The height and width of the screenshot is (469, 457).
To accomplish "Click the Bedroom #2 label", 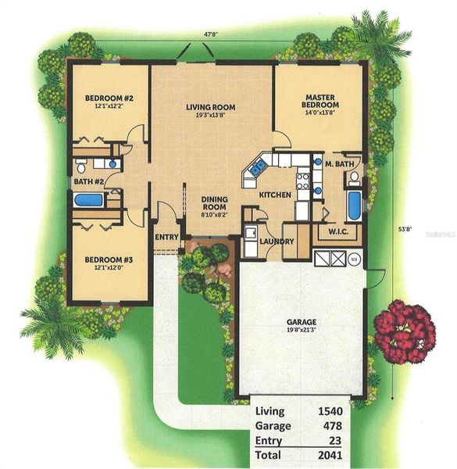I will pyautogui.click(x=110, y=98).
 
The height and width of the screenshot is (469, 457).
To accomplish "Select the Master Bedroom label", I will pyautogui.click(x=320, y=101).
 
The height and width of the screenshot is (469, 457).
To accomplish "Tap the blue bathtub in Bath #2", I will pyautogui.click(x=88, y=200).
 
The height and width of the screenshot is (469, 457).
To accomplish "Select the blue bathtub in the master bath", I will pyautogui.click(x=353, y=206).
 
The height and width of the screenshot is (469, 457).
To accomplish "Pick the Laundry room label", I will pyautogui.click(x=277, y=242).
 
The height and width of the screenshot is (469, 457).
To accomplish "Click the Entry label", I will pyautogui.click(x=166, y=238).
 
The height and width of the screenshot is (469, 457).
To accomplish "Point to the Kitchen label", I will pyautogui.click(x=276, y=195).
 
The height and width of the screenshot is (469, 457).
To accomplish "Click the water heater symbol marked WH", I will pyautogui.click(x=353, y=259).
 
